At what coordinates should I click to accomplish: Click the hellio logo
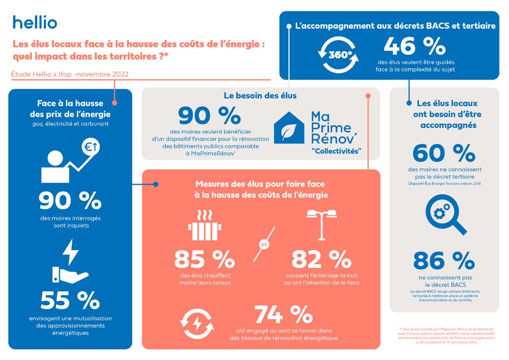pos(35,22)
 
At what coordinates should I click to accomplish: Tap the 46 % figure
pos(415,48)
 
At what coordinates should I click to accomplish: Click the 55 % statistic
pos(69,300)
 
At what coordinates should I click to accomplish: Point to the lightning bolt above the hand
pos(69,252)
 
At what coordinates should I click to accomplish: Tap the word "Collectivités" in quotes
pos(336,150)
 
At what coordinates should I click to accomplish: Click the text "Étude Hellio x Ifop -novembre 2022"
pos(70,74)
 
